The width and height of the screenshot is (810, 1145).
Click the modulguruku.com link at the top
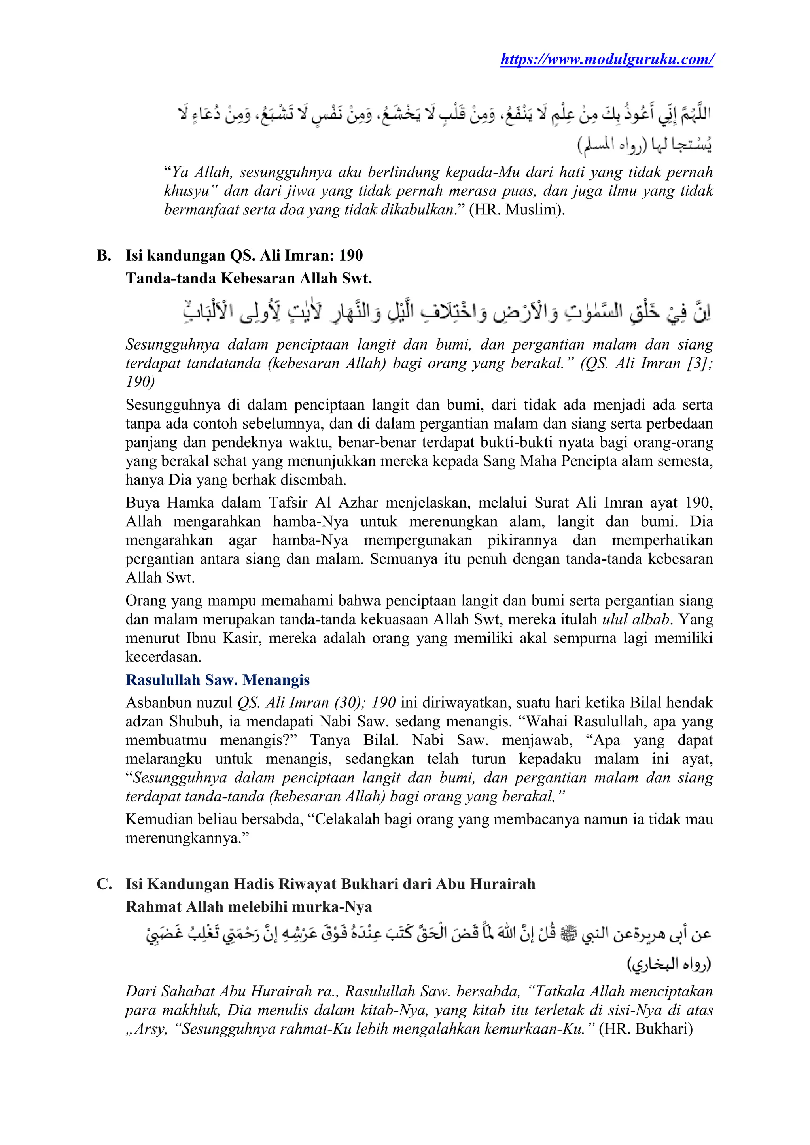tap(606, 59)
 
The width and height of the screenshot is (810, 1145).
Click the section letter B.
tap(103, 256)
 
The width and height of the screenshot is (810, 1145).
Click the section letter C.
tap(103, 884)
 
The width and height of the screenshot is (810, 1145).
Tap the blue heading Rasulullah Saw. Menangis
tap(218, 680)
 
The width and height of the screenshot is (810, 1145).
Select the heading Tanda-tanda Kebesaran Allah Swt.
tap(248, 278)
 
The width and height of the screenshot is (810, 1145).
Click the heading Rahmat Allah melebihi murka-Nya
tap(248, 907)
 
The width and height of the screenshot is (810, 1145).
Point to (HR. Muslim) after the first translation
tap(517, 210)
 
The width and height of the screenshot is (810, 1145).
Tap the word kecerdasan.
tap(163, 657)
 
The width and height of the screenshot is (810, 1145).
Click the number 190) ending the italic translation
tap(140, 382)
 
